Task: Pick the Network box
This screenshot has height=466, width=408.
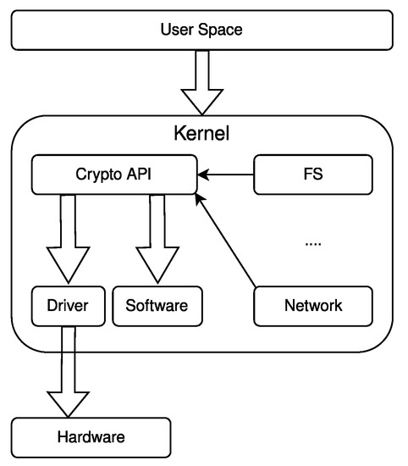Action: click(x=313, y=306)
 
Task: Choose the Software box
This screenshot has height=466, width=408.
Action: click(x=157, y=306)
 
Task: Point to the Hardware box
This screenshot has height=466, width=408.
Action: click(x=91, y=438)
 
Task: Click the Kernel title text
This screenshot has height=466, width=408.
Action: click(x=201, y=134)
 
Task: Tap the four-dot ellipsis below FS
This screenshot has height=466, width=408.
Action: click(x=313, y=243)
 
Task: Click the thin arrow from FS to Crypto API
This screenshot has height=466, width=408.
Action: click(x=227, y=175)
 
